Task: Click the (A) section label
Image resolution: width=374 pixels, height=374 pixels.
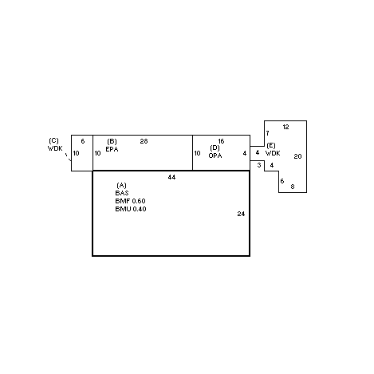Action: (121, 185)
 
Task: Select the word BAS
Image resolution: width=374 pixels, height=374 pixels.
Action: (122, 193)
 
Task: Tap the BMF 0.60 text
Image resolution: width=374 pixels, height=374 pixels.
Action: (130, 201)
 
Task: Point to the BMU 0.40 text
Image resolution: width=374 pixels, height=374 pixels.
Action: (131, 209)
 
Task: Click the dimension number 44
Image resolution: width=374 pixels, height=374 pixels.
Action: (171, 177)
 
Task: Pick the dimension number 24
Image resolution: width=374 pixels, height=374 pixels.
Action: (241, 214)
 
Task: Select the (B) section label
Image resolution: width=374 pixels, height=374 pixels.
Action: (112, 141)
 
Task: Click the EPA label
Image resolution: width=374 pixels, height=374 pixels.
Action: (112, 149)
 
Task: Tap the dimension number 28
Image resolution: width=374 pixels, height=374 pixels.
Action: (144, 141)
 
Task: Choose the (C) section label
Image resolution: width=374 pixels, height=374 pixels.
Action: (53, 140)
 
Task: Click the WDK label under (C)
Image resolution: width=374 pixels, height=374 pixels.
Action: (55, 148)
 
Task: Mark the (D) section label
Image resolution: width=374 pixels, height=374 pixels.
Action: (215, 148)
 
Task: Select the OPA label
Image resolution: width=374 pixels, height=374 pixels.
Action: (215, 156)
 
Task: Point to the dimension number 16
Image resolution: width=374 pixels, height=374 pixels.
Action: (221, 141)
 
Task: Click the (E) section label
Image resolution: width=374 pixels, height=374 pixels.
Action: (271, 145)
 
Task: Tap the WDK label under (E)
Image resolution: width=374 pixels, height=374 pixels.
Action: (273, 153)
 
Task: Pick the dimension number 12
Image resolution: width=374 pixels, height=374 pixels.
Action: (285, 127)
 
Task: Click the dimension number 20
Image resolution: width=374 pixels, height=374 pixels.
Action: (297, 156)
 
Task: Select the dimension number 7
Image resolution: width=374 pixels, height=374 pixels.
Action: (267, 133)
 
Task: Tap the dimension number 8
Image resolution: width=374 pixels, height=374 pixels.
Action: (293, 187)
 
